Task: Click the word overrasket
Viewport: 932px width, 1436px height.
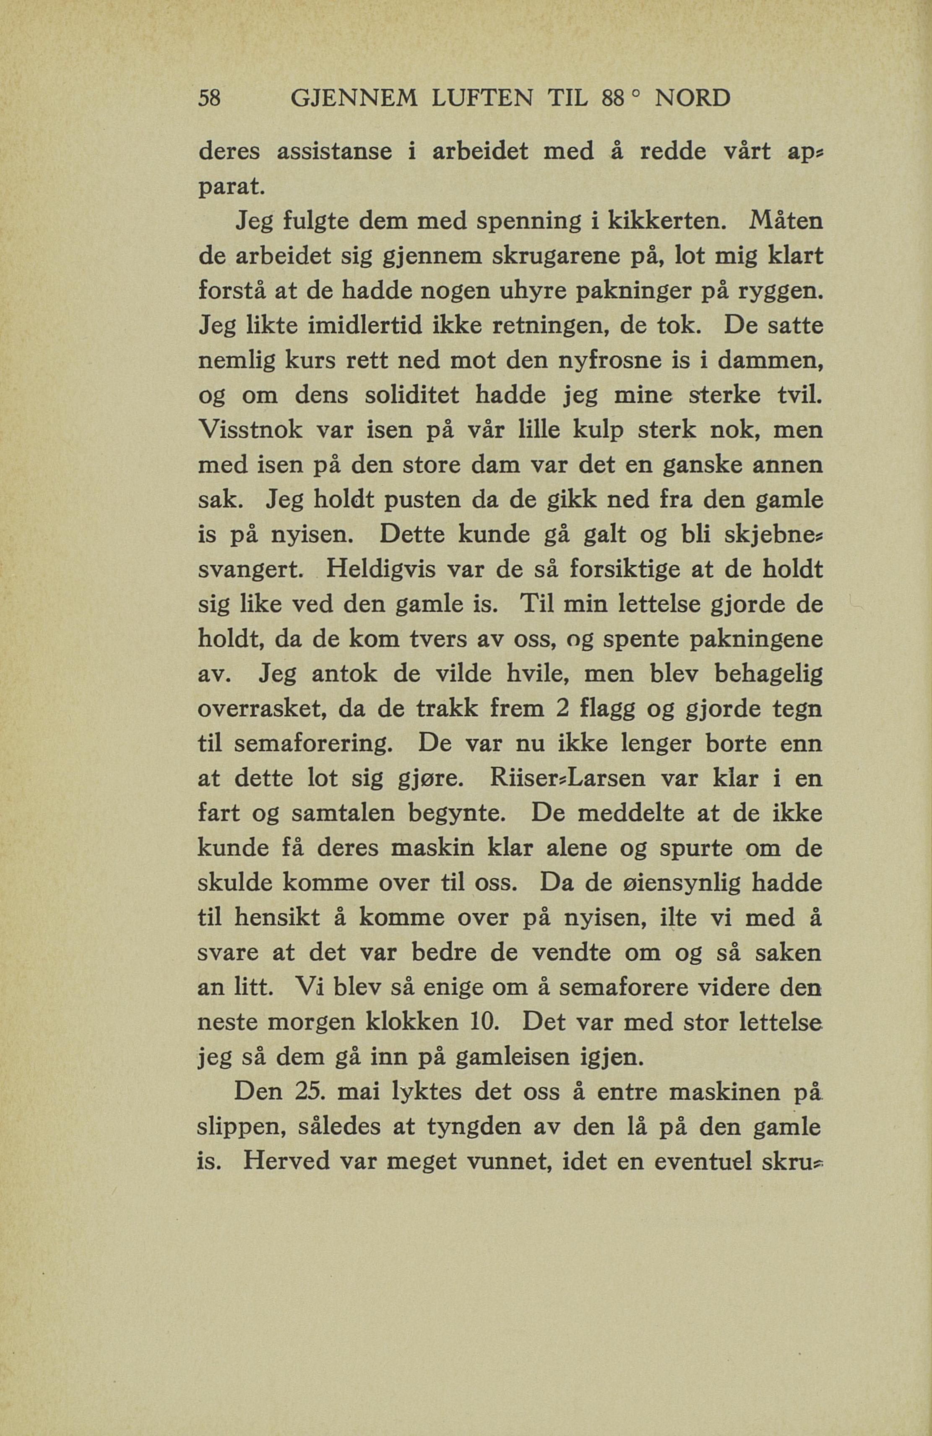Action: tap(263, 710)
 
